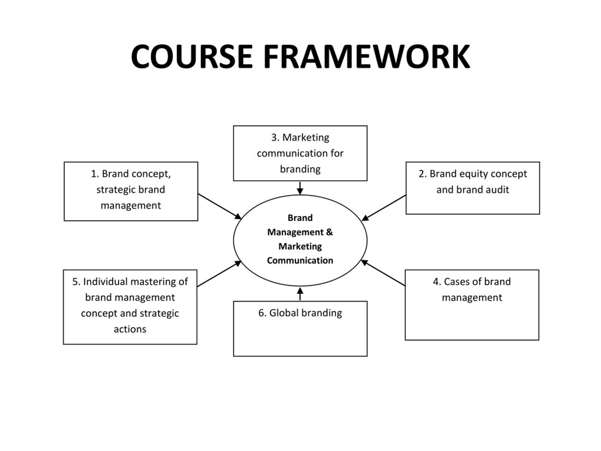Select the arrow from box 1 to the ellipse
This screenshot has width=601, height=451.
tap(219, 206)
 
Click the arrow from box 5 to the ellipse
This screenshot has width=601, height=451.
tap(219, 274)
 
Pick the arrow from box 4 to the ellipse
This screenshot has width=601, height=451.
tap(383, 273)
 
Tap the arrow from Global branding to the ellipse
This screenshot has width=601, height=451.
tap(300, 294)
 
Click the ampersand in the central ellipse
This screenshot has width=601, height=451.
tap(329, 232)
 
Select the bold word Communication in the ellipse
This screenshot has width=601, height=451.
tap(300, 260)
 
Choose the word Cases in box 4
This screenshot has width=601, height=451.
tap(456, 282)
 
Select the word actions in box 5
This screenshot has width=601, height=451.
tap(130, 329)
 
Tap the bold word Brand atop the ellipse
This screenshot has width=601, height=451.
tap(300, 218)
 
